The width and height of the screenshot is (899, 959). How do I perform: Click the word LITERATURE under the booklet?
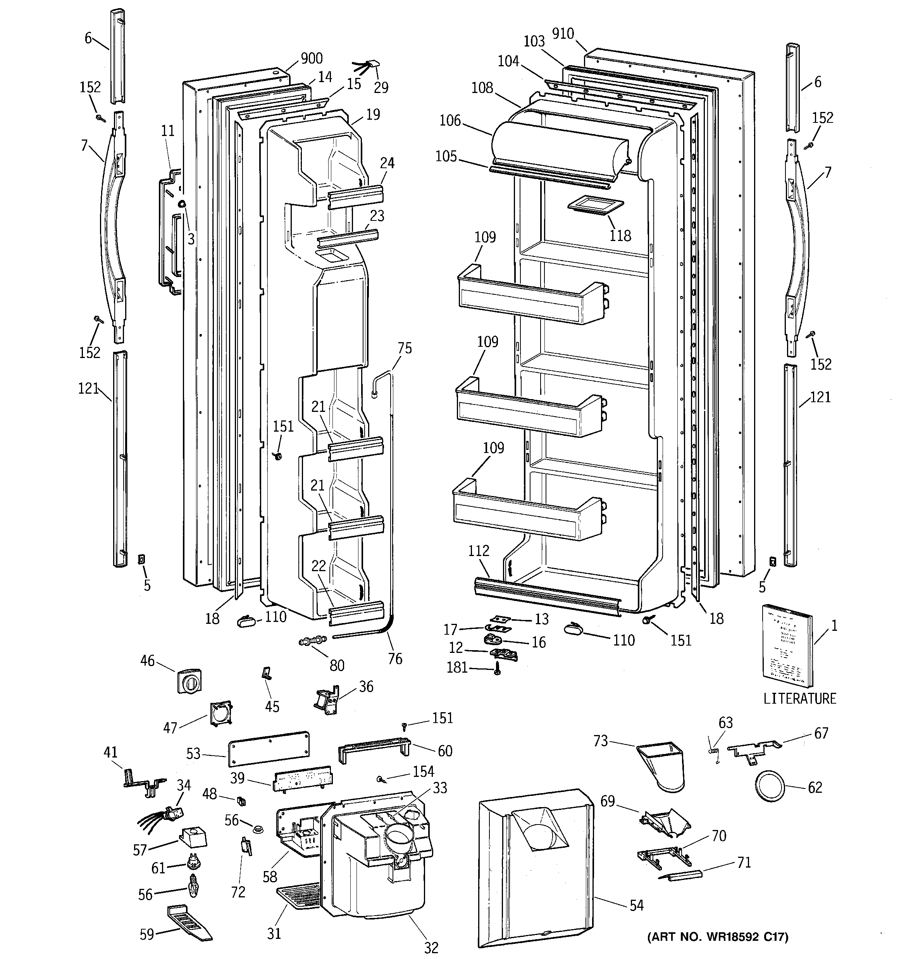pyautogui.click(x=799, y=699)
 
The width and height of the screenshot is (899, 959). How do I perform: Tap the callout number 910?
pyautogui.click(x=563, y=33)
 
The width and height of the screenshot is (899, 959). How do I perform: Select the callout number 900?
pyautogui.click(x=311, y=59)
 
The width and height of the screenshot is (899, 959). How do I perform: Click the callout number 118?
pyautogui.click(x=620, y=236)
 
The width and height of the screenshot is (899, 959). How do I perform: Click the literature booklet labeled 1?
pyautogui.click(x=787, y=646)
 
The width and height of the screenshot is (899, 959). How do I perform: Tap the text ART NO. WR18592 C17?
pyautogui.click(x=718, y=937)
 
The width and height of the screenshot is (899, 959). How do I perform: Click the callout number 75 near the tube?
pyautogui.click(x=405, y=348)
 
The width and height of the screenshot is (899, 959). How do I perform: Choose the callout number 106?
pyautogui.click(x=450, y=120)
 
